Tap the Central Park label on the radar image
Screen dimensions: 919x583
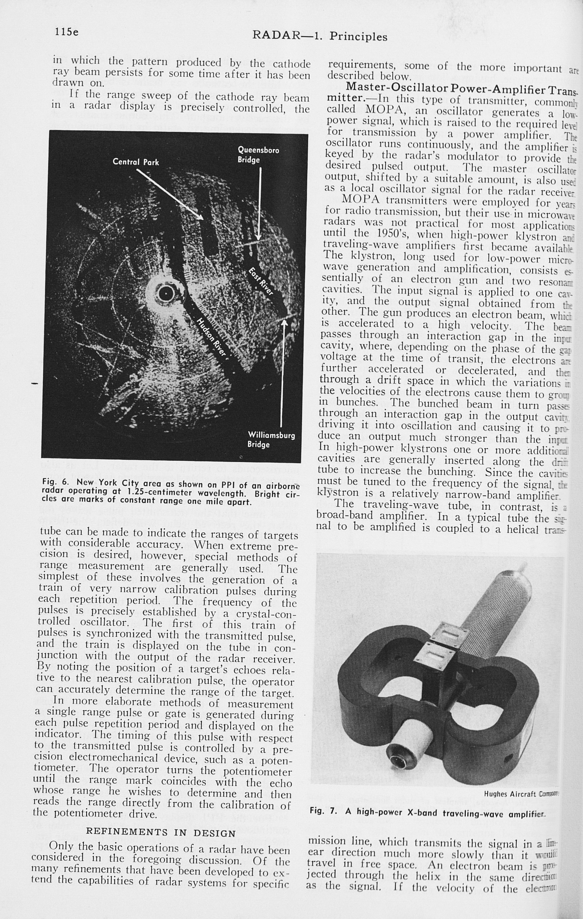pos(136,162)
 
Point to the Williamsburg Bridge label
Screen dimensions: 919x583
pos(271,440)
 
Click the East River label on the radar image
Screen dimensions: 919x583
pos(261,282)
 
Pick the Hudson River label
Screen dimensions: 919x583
pos(212,337)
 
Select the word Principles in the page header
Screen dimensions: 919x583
pos(358,37)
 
